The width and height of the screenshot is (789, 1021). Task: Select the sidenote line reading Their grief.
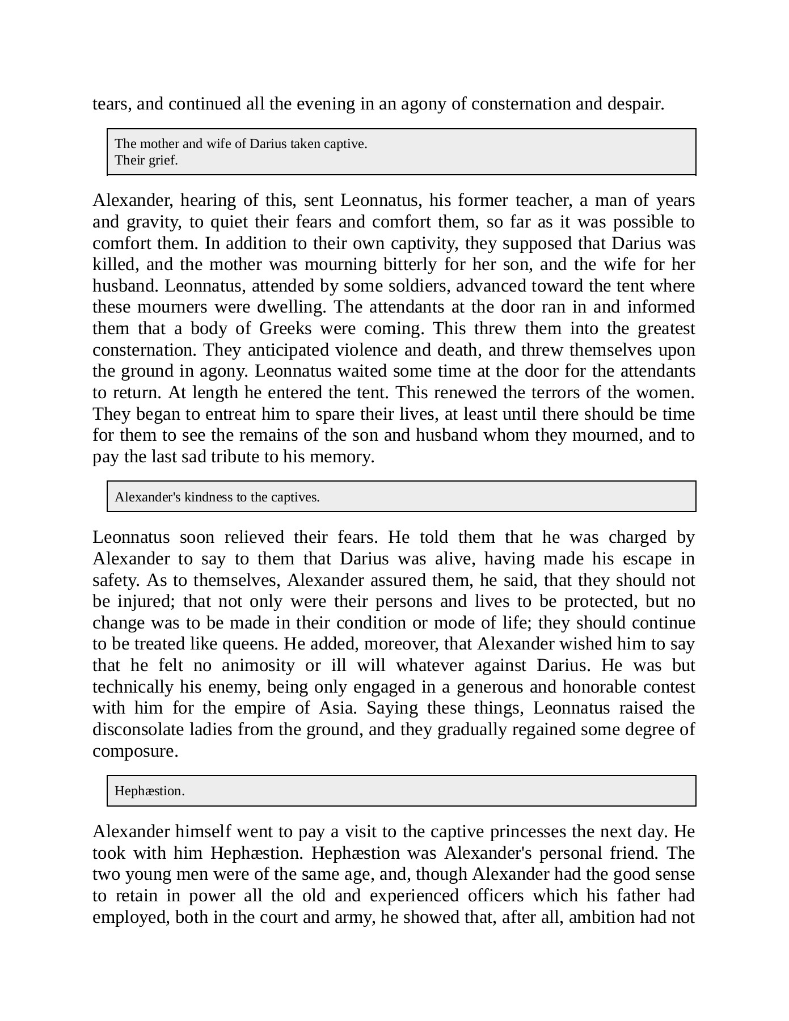146,161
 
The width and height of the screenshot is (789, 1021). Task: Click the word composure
135,751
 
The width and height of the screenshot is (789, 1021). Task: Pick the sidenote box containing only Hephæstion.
401,791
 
